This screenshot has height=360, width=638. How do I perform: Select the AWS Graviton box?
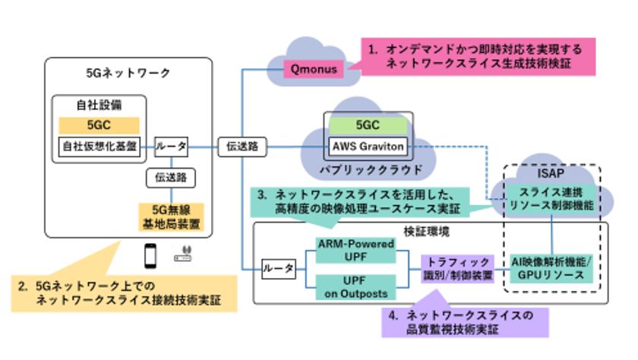point(365,146)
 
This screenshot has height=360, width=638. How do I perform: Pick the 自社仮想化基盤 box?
point(99,146)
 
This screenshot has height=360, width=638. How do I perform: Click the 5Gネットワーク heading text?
point(129,73)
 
